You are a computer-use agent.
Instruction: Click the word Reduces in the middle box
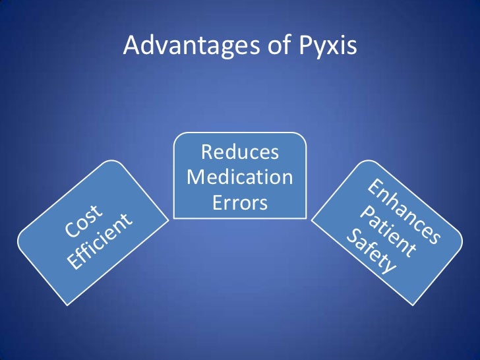[x=239, y=153]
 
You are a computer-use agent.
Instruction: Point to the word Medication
[x=240, y=177]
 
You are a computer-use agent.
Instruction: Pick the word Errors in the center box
[x=240, y=202]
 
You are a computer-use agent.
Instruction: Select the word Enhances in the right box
[x=404, y=209]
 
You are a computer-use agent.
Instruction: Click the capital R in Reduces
[x=208, y=153]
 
